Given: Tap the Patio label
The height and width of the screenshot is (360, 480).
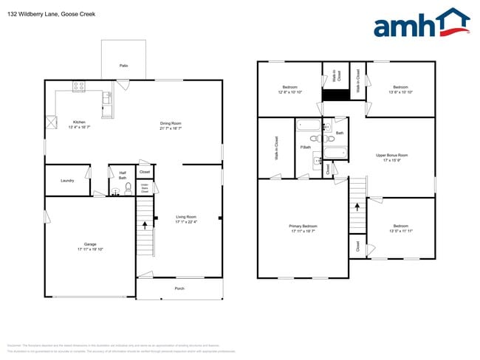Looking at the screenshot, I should click(x=123, y=66).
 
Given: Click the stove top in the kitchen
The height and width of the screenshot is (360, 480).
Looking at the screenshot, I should click(x=80, y=88).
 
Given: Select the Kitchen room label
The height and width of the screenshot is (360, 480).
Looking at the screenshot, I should click(x=78, y=122).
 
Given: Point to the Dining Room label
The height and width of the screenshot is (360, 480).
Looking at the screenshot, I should click(x=171, y=123).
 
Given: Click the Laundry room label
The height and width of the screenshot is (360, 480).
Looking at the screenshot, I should click(x=67, y=180).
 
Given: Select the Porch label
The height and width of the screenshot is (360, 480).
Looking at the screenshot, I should click(x=179, y=288).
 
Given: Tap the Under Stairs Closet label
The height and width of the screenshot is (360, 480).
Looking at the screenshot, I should click(x=145, y=188).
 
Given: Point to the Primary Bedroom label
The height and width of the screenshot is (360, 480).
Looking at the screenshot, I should click(x=303, y=226).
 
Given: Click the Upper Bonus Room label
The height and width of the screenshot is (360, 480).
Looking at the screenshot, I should click(x=391, y=155).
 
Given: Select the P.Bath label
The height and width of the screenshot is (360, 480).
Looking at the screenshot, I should click(x=304, y=148).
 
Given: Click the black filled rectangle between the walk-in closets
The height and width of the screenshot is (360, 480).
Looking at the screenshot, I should click(x=336, y=94).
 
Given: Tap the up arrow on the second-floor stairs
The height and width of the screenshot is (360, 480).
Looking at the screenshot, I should click(x=358, y=207).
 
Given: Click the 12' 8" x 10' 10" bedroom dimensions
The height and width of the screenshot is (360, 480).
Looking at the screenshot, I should click(x=290, y=92).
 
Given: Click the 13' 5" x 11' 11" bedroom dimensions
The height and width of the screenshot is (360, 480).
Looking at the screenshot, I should click(x=400, y=231).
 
